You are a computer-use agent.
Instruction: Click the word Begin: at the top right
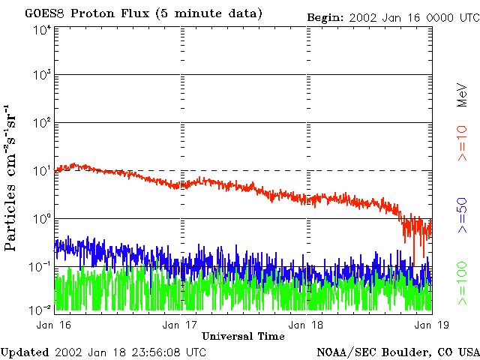point(325,17)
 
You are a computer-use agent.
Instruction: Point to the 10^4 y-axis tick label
point(42,29)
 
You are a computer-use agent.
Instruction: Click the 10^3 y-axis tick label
point(42,76)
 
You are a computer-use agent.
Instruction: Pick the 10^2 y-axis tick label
point(42,124)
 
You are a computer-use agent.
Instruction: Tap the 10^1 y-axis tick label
point(42,172)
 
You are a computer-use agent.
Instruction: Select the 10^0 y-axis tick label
point(42,220)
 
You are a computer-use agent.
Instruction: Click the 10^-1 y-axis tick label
point(41,267)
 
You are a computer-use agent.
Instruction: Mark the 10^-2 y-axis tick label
point(41,308)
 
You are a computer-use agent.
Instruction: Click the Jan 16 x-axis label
point(55,325)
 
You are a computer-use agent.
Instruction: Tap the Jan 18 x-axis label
point(307,325)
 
